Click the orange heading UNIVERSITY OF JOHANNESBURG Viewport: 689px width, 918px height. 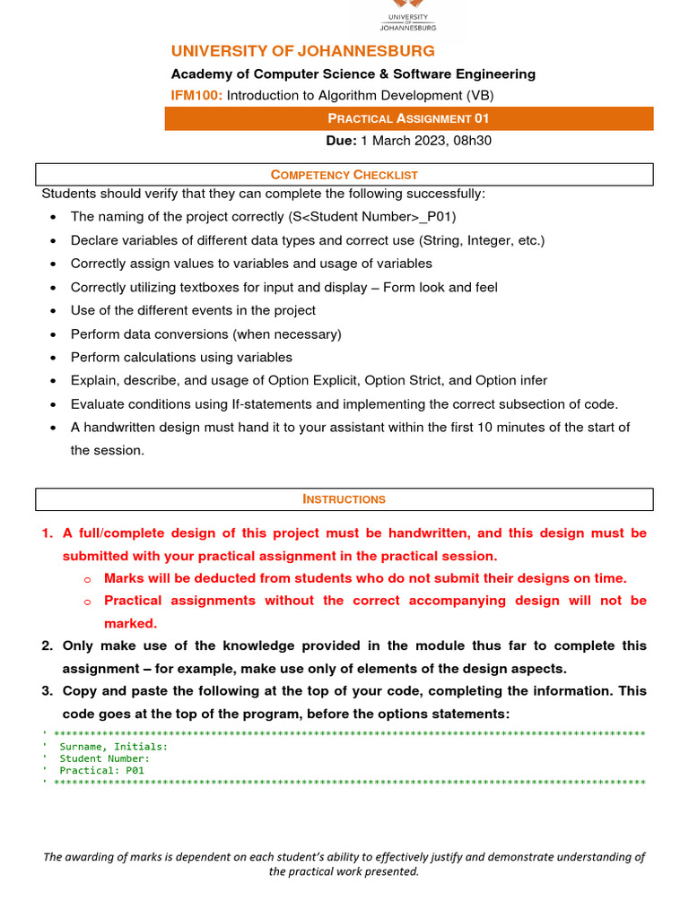click(302, 51)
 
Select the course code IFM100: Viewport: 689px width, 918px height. click(196, 95)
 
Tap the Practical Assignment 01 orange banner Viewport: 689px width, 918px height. click(408, 118)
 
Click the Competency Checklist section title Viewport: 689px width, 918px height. click(344, 175)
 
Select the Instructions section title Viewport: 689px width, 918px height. click(344, 499)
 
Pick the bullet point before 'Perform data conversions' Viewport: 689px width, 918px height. click(56, 334)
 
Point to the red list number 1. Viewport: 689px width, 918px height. click(48, 533)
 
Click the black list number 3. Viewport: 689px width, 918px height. click(48, 691)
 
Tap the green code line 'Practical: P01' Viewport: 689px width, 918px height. click(101, 770)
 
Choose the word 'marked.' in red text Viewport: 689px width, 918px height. click(130, 623)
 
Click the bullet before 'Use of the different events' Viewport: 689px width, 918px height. click(56, 311)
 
